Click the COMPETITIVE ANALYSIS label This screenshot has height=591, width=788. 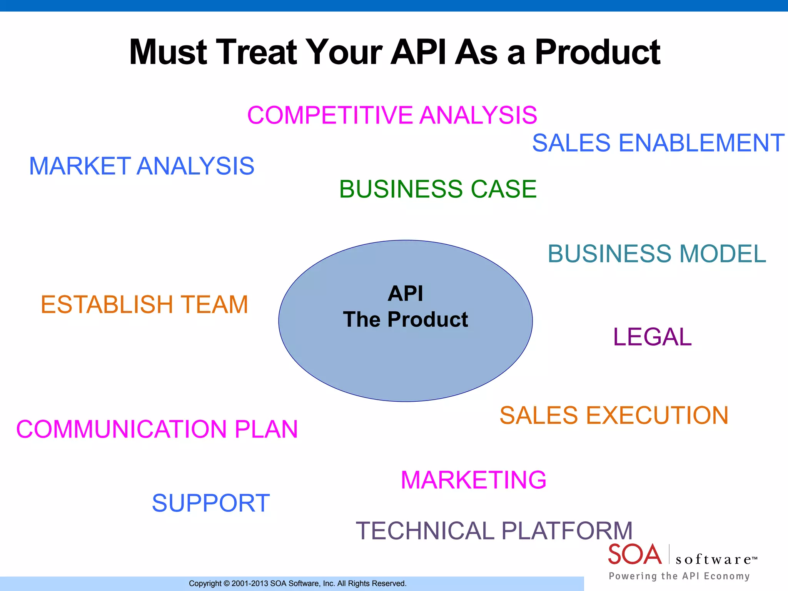(x=392, y=115)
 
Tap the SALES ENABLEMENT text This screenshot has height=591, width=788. (x=658, y=143)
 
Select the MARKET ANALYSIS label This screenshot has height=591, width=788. (x=142, y=166)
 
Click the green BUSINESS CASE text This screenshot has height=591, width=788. (x=437, y=189)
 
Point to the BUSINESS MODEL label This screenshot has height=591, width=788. (x=657, y=254)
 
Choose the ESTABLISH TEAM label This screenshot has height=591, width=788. (x=144, y=304)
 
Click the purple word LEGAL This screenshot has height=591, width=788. (x=652, y=337)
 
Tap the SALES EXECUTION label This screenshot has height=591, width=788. (x=614, y=415)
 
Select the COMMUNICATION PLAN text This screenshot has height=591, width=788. (x=157, y=429)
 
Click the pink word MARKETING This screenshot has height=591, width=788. (x=473, y=480)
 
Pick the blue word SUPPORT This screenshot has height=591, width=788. (x=211, y=503)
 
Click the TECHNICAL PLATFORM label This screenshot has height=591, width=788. (x=494, y=531)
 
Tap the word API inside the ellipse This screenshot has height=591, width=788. (x=405, y=294)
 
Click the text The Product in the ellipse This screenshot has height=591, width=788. (x=405, y=319)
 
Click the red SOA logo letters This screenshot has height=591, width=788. (x=634, y=554)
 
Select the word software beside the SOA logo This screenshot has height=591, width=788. (x=714, y=559)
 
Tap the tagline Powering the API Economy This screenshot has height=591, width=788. (x=679, y=576)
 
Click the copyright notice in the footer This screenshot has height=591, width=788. (x=297, y=583)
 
